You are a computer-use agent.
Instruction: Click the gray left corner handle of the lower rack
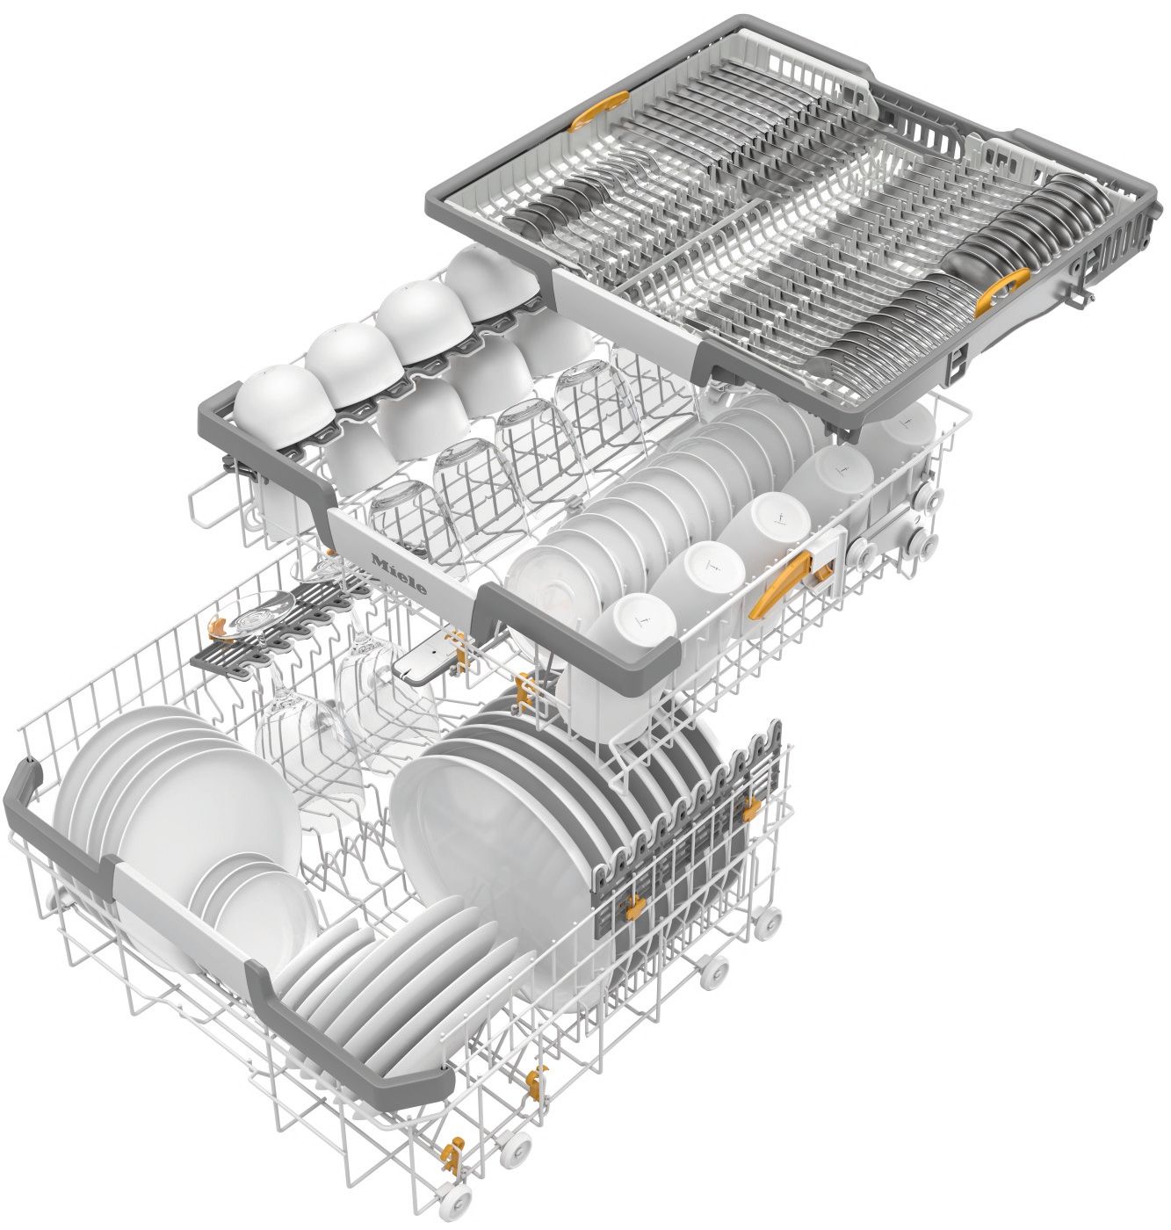click(35, 808)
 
